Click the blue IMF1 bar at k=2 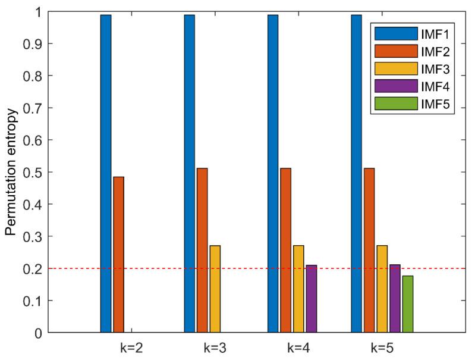coord(106,173)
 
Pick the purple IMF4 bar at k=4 coord(311,298)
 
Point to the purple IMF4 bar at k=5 coord(395,298)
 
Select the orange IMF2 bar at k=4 coord(286,250)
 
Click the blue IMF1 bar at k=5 coord(357,173)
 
